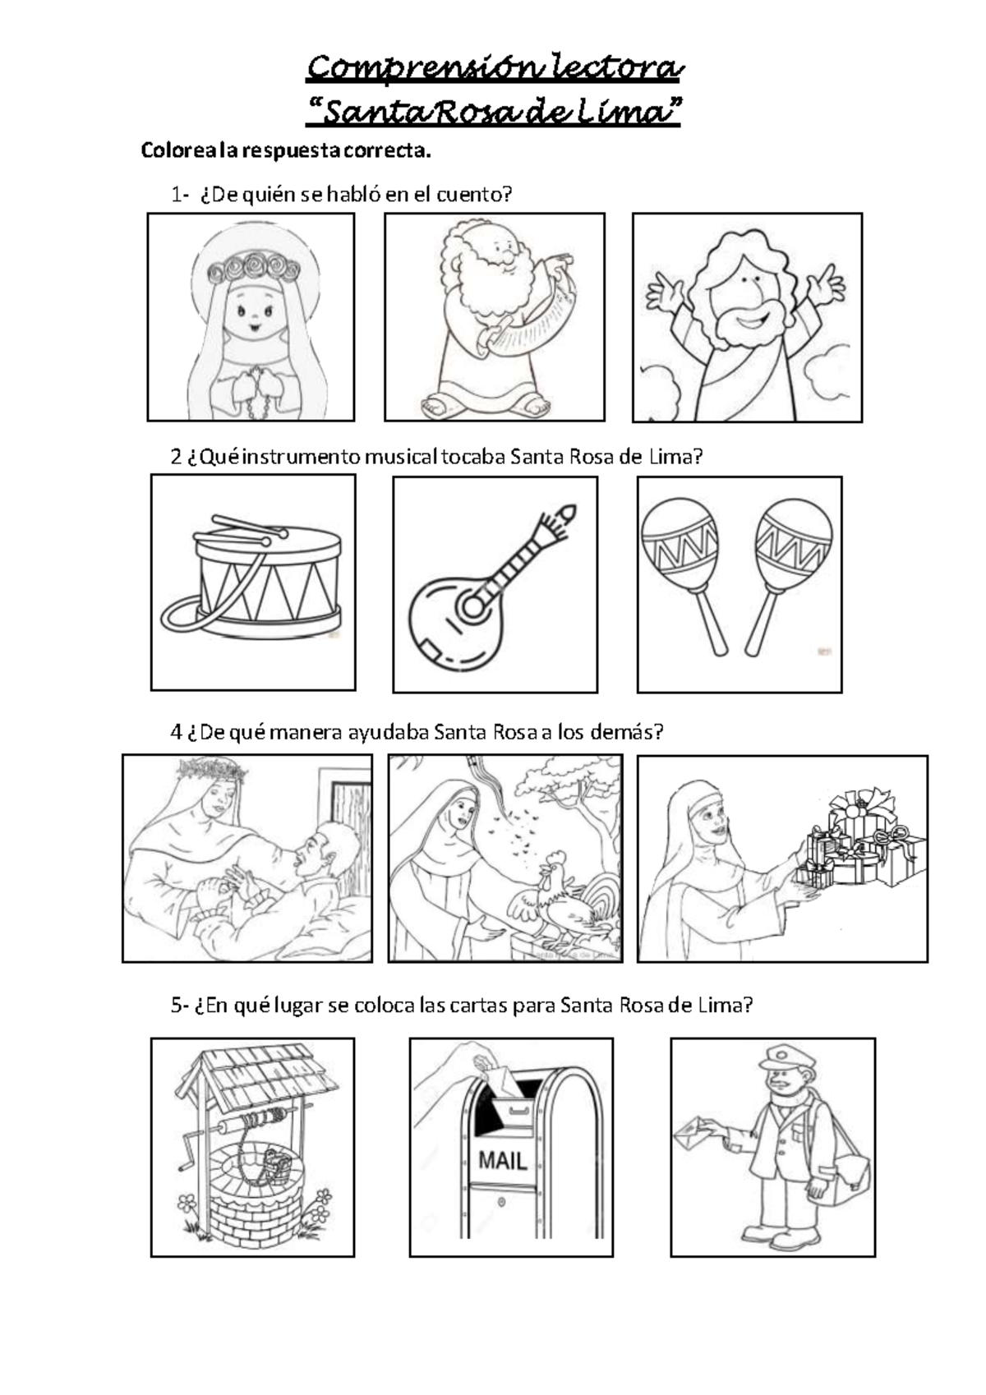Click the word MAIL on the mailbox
click(502, 1160)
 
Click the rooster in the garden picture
click(560, 900)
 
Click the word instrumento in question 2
click(302, 457)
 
